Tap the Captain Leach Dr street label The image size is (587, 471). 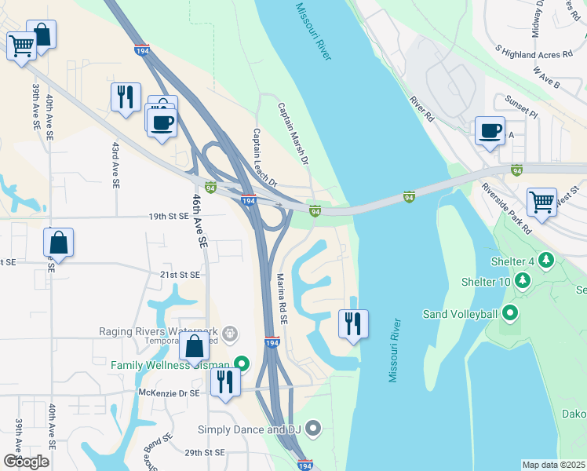pyautogui.click(x=264, y=158)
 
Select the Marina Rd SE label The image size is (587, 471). pyautogui.click(x=283, y=299)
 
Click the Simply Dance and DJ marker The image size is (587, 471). pyautogui.click(x=314, y=429)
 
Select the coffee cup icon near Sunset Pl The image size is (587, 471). pyautogui.click(x=490, y=130)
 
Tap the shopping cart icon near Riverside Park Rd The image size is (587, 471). pyautogui.click(x=541, y=202)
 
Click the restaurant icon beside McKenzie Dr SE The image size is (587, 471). pyautogui.click(x=225, y=382)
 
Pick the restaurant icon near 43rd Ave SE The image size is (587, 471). pyautogui.click(x=126, y=97)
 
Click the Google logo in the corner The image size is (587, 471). pyautogui.click(x=26, y=462)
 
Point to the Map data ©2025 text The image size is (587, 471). pyautogui.click(x=554, y=465)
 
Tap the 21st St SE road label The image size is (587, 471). pyautogui.click(x=180, y=274)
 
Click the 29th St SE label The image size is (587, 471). pyautogui.click(x=205, y=453)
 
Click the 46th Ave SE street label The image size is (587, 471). pyautogui.click(x=199, y=222)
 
